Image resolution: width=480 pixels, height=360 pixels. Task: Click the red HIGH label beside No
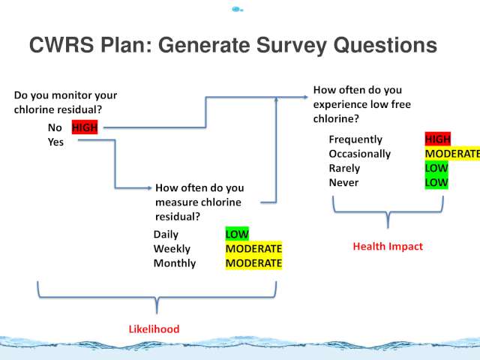click(x=85, y=127)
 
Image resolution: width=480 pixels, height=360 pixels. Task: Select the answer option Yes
click(x=55, y=142)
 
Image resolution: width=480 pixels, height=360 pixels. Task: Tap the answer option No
click(x=55, y=127)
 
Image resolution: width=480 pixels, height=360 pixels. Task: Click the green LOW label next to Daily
click(x=237, y=234)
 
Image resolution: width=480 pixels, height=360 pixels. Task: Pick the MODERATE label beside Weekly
click(x=253, y=248)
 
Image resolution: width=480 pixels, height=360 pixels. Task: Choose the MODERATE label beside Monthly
click(x=253, y=263)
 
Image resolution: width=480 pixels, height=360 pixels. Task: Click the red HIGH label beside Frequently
click(x=438, y=139)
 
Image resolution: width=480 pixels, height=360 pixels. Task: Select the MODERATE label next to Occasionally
click(x=452, y=154)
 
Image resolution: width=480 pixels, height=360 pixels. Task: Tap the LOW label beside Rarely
click(x=436, y=168)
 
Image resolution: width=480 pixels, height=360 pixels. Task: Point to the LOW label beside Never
click(x=436, y=182)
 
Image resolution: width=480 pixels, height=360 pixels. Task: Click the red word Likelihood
click(x=154, y=329)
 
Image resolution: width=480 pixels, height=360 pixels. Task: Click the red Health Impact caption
click(x=388, y=247)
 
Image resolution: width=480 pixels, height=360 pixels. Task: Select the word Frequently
click(x=355, y=139)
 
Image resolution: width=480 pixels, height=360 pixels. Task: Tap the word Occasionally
click(x=360, y=154)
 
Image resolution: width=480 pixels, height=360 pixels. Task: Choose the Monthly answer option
click(x=175, y=263)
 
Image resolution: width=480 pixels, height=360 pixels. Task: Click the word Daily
click(x=166, y=235)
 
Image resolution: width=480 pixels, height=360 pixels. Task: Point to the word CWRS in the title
click(x=61, y=45)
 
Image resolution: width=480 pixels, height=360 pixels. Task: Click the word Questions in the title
click(x=385, y=45)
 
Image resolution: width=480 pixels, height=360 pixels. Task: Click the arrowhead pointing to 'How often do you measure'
click(x=150, y=187)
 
